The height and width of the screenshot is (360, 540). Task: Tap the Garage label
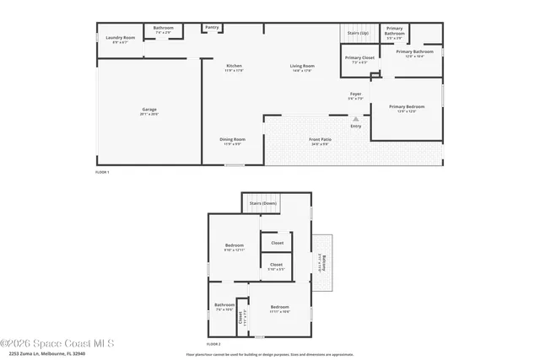pos(149,111)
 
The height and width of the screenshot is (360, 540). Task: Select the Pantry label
pos(212,28)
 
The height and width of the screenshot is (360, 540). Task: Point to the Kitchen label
pos(234,67)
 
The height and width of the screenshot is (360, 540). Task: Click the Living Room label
pos(302,67)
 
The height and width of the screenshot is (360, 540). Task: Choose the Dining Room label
pos(233,140)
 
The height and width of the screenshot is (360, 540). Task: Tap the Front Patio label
pos(320,140)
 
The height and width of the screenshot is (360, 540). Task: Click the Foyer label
pos(356,94)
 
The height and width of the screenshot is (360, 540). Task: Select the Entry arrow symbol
pos(356,120)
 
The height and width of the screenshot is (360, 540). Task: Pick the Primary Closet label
pos(359,59)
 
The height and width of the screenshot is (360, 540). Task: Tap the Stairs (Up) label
pos(359,35)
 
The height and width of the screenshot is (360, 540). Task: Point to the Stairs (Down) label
pos(263,203)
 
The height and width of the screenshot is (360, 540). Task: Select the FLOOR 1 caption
pos(102,172)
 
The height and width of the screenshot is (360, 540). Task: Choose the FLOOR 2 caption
pos(214,344)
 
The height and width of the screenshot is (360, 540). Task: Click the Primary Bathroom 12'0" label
pos(419,53)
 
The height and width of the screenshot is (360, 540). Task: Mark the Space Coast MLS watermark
pos(57,343)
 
